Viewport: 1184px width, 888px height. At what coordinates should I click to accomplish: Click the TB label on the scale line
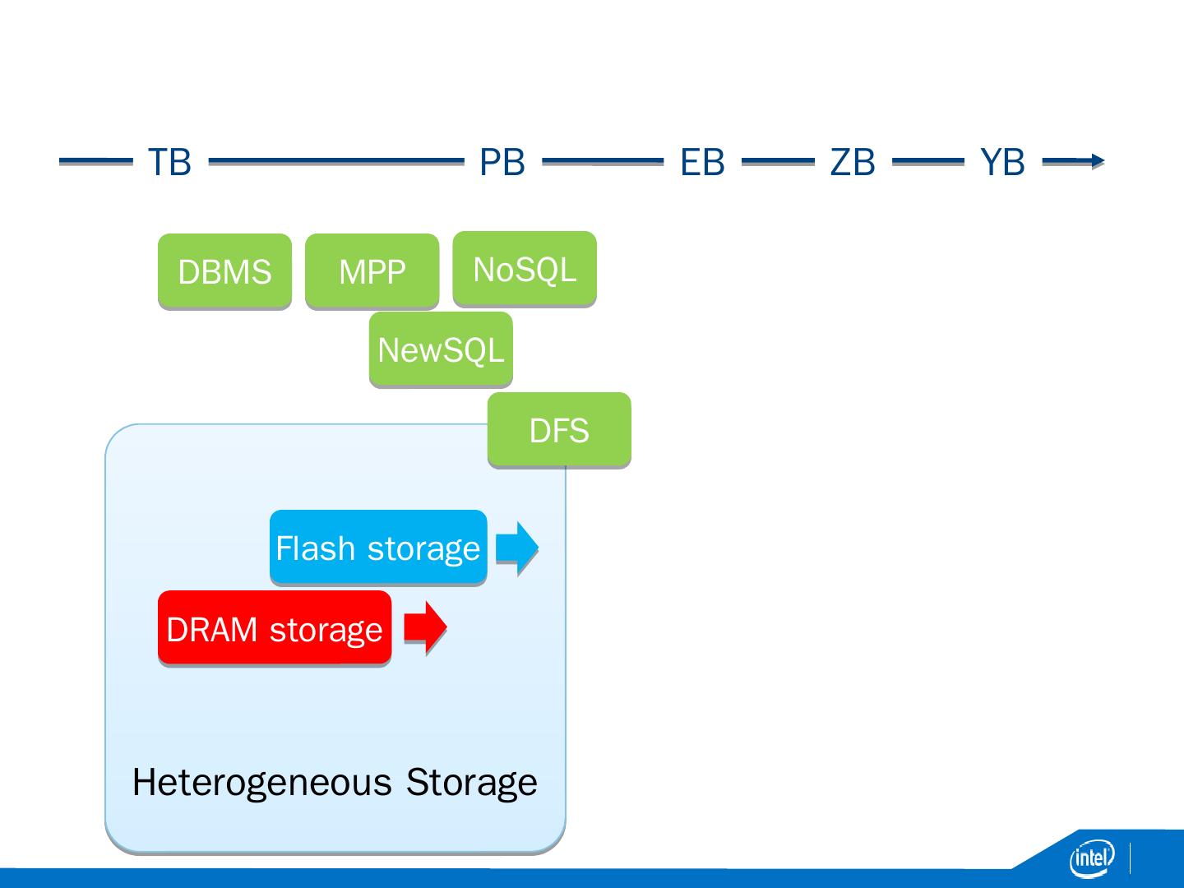pos(169,162)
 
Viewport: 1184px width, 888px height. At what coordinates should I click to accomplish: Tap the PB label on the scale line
pos(502,162)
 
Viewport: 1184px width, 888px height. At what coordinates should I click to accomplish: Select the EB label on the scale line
pos(702,162)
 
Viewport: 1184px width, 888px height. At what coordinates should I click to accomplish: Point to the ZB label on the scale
pos(853,162)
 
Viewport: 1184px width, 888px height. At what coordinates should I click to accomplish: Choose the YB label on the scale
pos(1002,162)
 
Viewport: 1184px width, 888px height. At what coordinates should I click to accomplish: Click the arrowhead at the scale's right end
pos(1098,160)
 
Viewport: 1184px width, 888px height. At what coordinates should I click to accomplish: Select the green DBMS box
pos(225,271)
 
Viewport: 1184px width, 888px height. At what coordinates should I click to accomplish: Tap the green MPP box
pos(372,271)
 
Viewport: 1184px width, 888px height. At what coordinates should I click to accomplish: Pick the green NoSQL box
pos(525,269)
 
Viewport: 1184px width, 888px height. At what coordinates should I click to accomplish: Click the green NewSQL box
pos(441,349)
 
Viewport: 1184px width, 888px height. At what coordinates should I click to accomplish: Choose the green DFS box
pos(559,429)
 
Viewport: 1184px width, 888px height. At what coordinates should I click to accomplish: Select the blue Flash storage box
pos(378,547)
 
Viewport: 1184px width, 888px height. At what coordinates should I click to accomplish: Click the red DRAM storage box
pos(275,627)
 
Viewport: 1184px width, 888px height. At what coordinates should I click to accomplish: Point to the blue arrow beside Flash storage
pos(517,548)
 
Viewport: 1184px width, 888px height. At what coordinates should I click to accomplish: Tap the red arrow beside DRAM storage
pos(426,627)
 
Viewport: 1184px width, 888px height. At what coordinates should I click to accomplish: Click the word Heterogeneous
pos(262,783)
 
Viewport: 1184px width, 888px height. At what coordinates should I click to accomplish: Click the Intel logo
pos(1092,858)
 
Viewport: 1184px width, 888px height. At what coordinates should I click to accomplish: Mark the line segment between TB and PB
pos(336,160)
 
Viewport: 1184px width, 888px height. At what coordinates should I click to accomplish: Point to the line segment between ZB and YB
pos(927,160)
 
